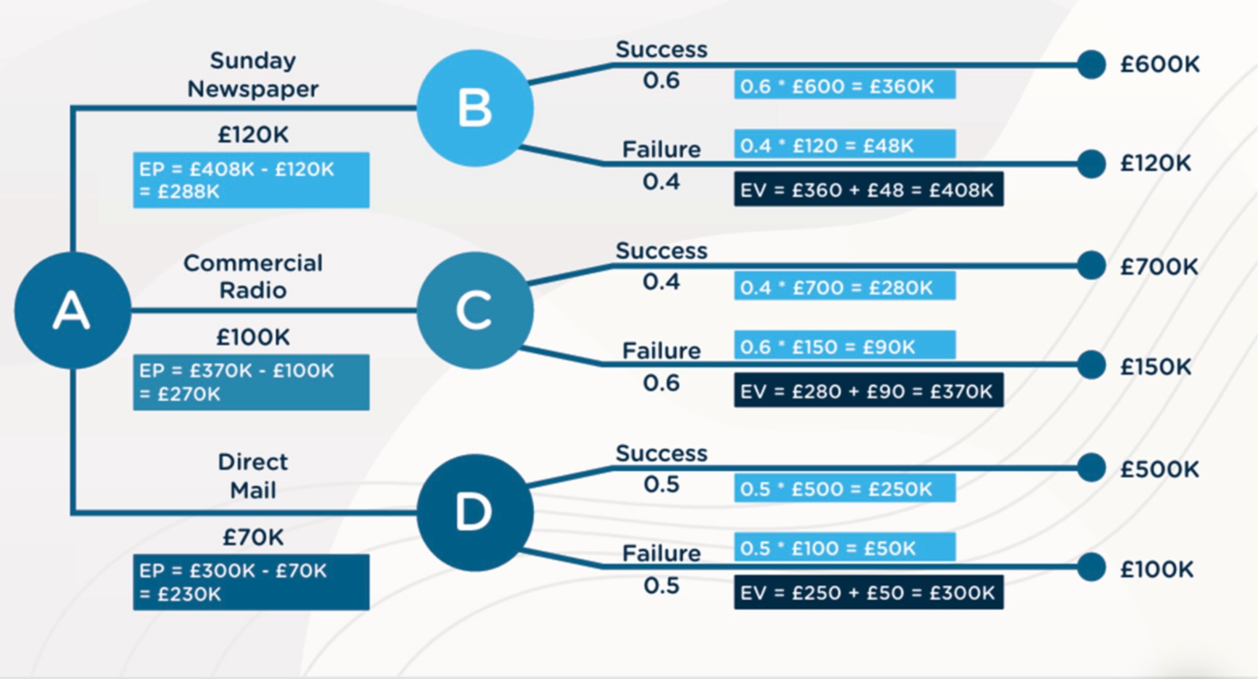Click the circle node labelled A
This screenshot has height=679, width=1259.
[72, 310]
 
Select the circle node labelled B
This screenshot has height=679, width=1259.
[474, 108]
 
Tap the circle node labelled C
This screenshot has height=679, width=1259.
[474, 310]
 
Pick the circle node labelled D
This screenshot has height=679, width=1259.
[474, 512]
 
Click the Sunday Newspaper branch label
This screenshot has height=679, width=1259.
[253, 74]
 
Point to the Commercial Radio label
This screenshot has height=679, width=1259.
[253, 276]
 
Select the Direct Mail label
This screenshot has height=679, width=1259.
[253, 476]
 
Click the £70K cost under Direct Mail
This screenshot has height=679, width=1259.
[253, 537]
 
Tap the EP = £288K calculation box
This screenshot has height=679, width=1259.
[251, 180]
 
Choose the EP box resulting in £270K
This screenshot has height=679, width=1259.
[251, 382]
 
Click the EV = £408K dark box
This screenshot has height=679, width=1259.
[868, 190]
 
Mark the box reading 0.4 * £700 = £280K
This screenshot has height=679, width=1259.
[844, 287]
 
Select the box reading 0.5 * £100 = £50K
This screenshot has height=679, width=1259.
[844, 548]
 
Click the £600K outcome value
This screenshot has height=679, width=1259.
[1160, 64]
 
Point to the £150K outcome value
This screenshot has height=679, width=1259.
[1155, 367]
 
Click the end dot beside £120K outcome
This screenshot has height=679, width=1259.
[1091, 164]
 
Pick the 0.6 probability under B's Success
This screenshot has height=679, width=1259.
[661, 81]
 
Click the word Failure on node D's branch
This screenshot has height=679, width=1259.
[661, 553]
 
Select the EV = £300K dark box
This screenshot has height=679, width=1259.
[868, 593]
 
